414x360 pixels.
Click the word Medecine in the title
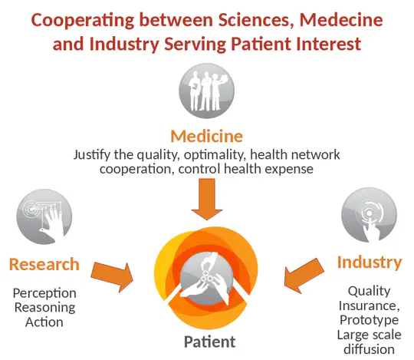pyautogui.click(x=341, y=20)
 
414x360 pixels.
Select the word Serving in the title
pyautogui.click(x=195, y=44)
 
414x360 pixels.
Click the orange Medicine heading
pyautogui.click(x=207, y=136)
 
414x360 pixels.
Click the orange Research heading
pyautogui.click(x=44, y=264)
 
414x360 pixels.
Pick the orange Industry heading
pyautogui.click(x=370, y=263)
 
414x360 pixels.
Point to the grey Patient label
pyautogui.click(x=209, y=342)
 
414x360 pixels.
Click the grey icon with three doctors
pyautogui.click(x=206, y=91)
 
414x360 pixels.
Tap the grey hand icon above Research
pyautogui.click(x=44, y=216)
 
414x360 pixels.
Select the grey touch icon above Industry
pyautogui.click(x=369, y=215)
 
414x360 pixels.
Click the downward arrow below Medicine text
pyautogui.click(x=207, y=200)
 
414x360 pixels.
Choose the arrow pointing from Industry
pyautogui.click(x=304, y=276)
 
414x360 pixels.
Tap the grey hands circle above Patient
pyautogui.click(x=206, y=278)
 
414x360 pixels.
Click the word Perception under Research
pyautogui.click(x=44, y=293)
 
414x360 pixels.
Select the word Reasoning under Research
pyautogui.click(x=44, y=308)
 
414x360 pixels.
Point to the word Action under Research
pyautogui.click(x=44, y=322)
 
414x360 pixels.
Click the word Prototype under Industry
pyautogui.click(x=369, y=320)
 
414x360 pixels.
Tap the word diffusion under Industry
pyautogui.click(x=369, y=349)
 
